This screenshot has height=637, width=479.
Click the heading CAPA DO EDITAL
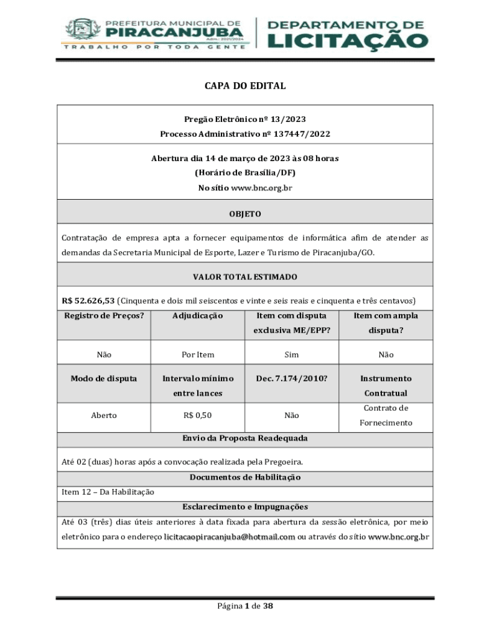[245, 86]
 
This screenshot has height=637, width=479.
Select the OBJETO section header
[245, 214]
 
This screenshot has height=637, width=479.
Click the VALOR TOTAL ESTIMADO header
[245, 277]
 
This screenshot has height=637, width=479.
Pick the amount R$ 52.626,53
[88, 300]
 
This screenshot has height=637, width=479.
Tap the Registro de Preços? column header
[104, 316]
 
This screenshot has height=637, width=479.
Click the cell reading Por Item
[198, 355]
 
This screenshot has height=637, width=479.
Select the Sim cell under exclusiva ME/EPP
[291, 355]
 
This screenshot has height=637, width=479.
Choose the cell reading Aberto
[104, 416]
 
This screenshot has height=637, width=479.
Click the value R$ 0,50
[198, 416]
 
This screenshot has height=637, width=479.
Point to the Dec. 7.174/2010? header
[291, 378]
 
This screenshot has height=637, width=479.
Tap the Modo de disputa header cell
[104, 378]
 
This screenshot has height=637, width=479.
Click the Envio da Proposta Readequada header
[245, 439]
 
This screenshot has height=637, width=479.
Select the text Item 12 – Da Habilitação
[108, 492]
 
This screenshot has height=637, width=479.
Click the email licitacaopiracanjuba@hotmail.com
[230, 537]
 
